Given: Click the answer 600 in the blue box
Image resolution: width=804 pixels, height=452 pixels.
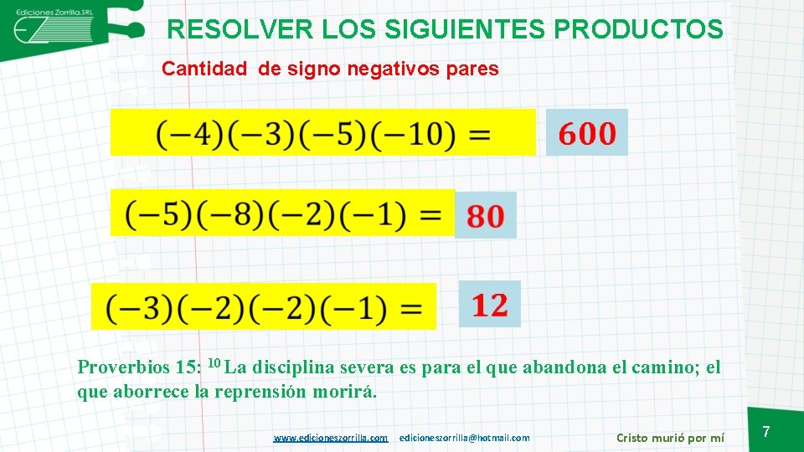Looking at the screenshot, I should coord(586,133).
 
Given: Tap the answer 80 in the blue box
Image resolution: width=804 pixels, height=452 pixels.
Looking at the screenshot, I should coord(486,216).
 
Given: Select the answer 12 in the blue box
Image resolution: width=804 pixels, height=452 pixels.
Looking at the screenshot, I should coord(490,305).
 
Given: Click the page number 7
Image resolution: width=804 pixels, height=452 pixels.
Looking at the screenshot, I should coord(765,432).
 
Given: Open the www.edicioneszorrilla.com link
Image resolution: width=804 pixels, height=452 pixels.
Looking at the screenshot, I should coord(331,438).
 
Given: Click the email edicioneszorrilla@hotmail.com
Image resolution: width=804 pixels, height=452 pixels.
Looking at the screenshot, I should coord(465,438).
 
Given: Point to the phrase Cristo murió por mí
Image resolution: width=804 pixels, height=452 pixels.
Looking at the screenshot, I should coord(670,437).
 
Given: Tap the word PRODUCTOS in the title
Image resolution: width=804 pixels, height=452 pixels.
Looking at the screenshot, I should coord(638,30).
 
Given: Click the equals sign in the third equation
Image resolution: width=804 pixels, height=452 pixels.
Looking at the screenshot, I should coord(410,308).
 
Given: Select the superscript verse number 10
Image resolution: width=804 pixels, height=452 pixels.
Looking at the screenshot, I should coord(214,363).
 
